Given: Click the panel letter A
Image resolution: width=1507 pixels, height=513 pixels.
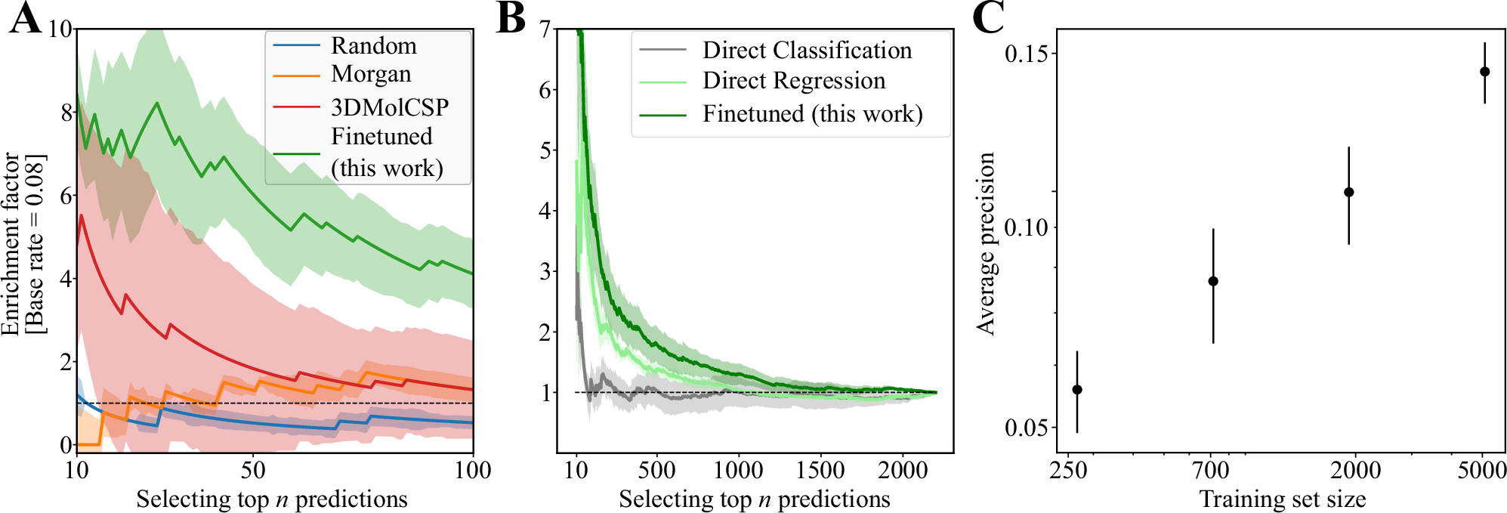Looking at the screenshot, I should [x=25, y=18].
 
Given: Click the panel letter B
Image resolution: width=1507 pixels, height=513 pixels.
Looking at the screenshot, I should [x=511, y=18].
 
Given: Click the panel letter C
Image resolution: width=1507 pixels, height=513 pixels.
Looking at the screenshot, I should [x=988, y=18].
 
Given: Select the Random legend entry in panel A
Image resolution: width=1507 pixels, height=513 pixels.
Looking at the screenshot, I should [x=373, y=46].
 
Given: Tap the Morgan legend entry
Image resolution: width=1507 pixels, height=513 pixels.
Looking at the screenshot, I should [x=371, y=74].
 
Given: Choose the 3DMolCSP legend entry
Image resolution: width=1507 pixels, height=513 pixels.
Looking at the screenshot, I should [x=389, y=107].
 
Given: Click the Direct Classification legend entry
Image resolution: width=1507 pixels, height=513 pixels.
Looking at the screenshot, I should [x=807, y=51].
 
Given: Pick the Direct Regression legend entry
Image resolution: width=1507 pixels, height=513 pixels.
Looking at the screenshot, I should [x=793, y=81].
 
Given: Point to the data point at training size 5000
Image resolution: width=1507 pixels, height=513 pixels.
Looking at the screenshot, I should [x=1484, y=72].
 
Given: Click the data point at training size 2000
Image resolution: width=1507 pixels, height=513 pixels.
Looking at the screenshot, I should [x=1348, y=192].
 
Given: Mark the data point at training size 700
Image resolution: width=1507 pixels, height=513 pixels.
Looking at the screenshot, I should [x=1213, y=281].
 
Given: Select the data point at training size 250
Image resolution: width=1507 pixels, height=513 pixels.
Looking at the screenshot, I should [x=1077, y=390].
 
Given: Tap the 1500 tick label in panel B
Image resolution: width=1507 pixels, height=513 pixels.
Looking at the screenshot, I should [x=820, y=471].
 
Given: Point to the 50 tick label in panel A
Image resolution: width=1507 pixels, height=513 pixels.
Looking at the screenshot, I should [x=253, y=471].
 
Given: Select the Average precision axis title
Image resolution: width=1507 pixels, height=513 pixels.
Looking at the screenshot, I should [x=987, y=243].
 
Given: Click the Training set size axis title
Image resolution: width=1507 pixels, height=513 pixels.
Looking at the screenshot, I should [x=1282, y=499].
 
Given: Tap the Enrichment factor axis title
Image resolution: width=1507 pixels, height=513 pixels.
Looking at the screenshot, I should [x=11, y=243].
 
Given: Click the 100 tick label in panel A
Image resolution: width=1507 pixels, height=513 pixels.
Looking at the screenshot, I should [x=472, y=471].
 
